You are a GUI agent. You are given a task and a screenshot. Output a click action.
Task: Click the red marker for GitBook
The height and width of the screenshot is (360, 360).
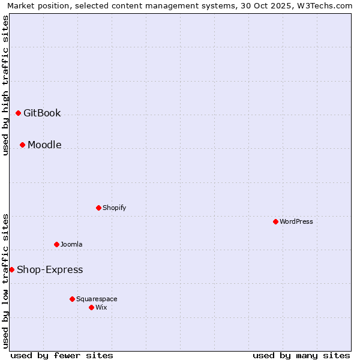18,113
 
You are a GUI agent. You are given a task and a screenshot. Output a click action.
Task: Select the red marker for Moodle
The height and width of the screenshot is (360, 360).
22,145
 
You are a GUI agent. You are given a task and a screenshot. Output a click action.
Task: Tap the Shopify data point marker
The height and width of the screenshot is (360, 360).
98,208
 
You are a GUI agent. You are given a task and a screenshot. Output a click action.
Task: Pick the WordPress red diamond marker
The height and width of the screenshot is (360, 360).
275,221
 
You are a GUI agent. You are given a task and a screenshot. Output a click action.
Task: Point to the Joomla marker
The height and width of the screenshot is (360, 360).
56,244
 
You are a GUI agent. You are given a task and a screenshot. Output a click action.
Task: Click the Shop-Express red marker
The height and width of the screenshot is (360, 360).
11,269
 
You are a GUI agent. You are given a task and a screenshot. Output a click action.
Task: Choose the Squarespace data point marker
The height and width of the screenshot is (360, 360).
72,299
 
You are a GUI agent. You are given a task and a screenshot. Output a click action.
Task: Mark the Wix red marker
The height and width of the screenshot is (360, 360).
91,307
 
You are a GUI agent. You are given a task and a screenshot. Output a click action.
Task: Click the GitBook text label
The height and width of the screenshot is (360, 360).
42,113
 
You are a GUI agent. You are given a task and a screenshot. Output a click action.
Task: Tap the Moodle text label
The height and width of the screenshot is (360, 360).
44,145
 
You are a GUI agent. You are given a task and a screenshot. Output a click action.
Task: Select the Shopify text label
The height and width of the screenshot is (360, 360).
114,208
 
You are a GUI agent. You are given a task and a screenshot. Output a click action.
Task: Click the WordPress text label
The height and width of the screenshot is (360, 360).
296,221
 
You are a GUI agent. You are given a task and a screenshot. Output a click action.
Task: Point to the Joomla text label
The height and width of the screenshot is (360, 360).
71,244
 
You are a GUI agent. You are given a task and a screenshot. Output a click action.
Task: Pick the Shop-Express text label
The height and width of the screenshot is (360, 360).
50,269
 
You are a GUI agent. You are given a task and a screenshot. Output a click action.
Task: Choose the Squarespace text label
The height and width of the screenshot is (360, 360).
97,299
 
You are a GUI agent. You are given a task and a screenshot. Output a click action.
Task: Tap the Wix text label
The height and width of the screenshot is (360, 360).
101,307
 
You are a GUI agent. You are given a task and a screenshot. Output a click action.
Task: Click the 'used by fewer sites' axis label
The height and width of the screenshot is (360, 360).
62,355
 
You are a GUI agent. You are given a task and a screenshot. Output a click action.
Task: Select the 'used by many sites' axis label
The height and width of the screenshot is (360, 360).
301,355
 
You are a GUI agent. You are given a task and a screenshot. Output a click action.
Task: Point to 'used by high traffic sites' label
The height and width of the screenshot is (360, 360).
6,85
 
